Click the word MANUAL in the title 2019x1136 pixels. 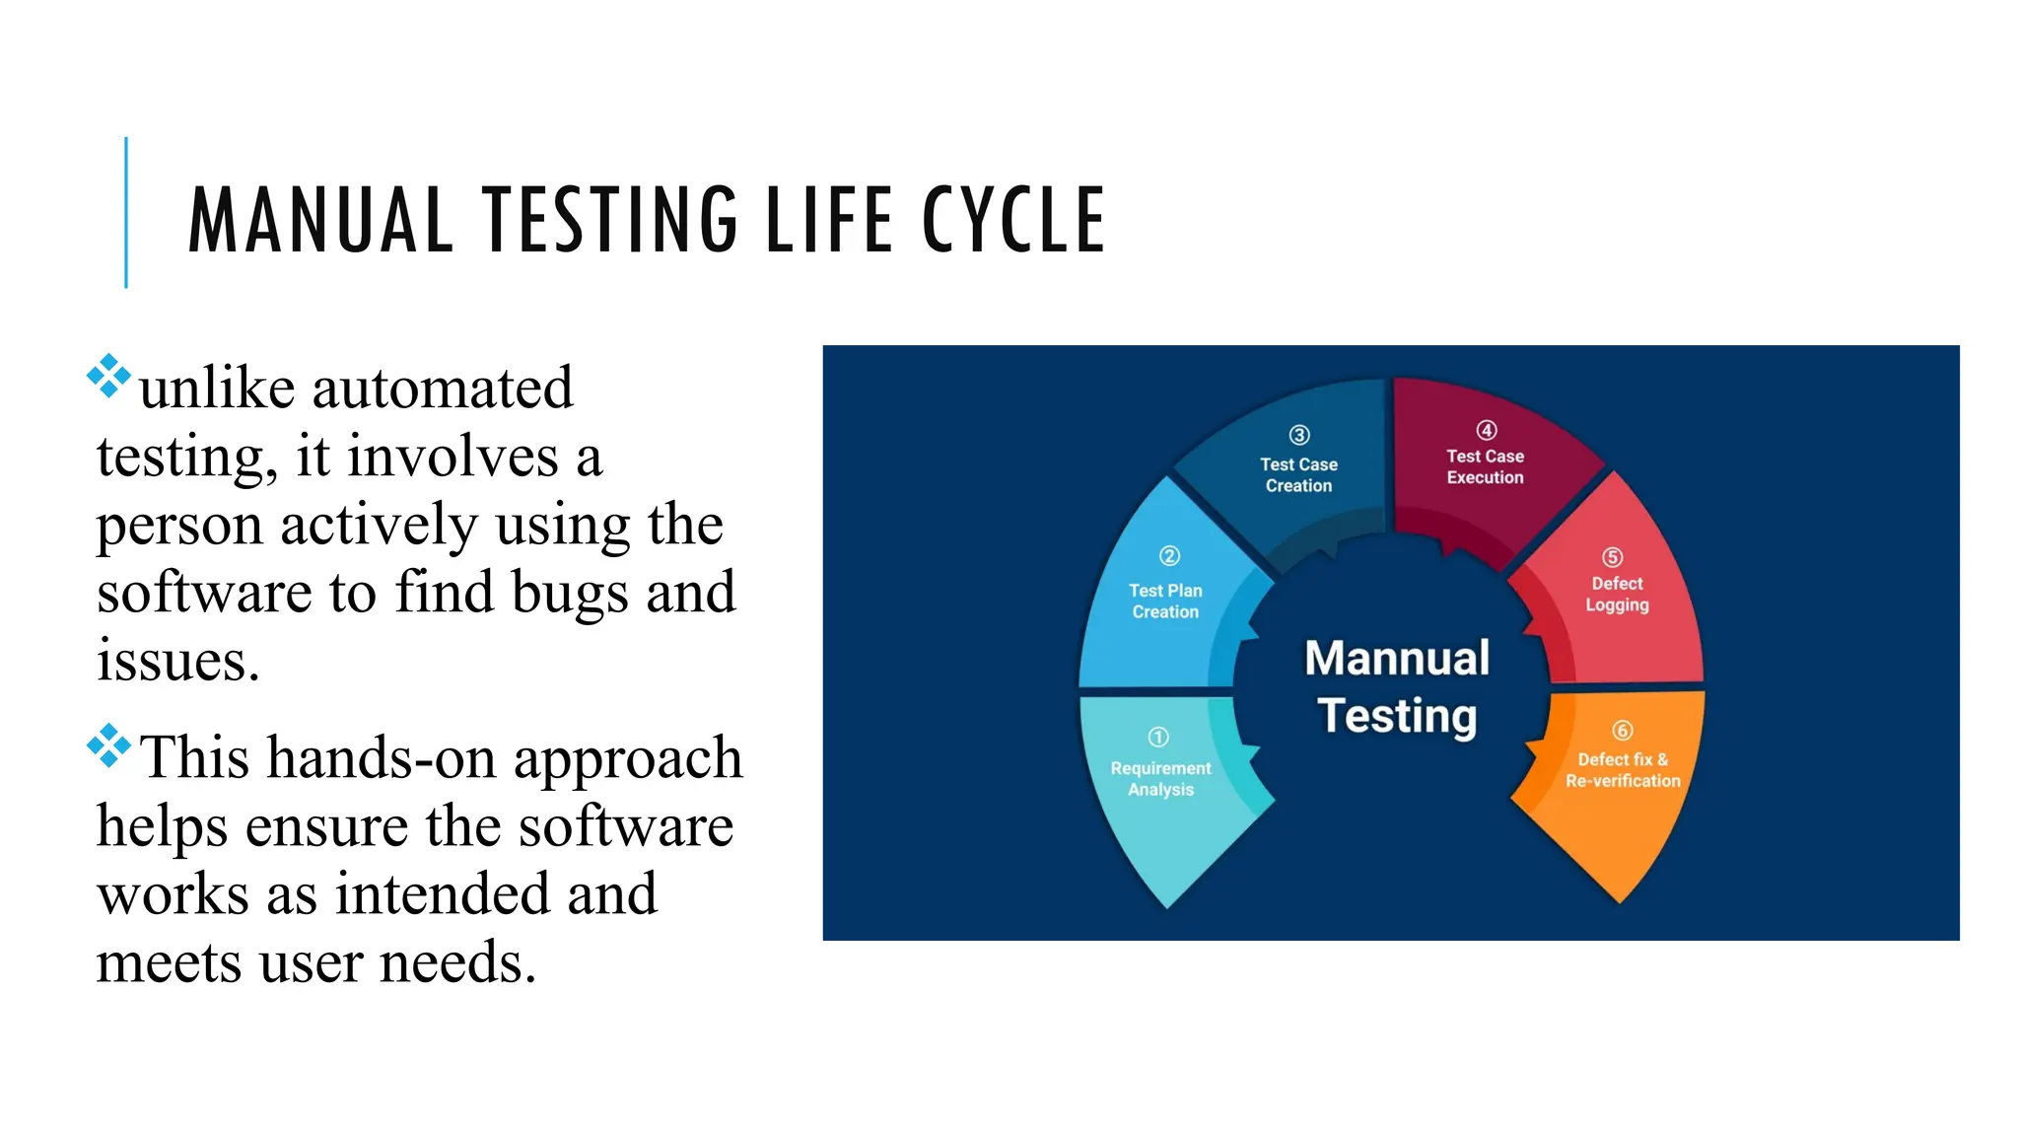coord(320,220)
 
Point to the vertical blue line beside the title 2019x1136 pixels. coord(126,212)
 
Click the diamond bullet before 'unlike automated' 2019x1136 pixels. coord(108,376)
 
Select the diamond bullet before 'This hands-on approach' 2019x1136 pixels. coord(108,745)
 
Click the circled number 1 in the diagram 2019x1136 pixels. coord(1158,737)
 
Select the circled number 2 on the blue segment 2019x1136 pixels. coord(1169,556)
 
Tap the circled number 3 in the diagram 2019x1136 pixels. coord(1299,435)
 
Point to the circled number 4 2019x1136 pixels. coord(1487,430)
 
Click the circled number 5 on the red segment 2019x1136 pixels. coord(1612,557)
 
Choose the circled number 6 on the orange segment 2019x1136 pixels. coord(1622,731)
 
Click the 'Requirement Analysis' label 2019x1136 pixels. coord(1160,779)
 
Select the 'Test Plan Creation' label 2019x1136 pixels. coord(1165,602)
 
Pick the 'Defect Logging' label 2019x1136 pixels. coord(1617,595)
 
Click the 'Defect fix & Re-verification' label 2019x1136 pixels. coord(1623,770)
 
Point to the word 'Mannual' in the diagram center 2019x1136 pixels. coord(1397,659)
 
